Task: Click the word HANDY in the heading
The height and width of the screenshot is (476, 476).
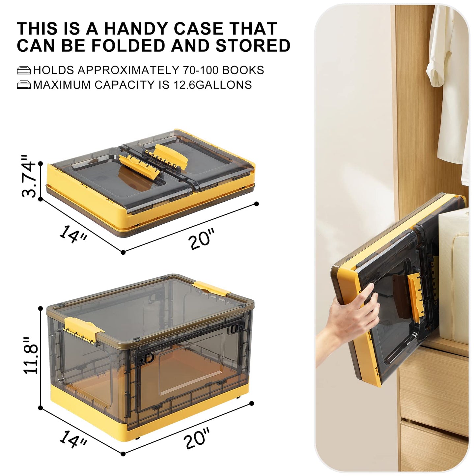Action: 136,28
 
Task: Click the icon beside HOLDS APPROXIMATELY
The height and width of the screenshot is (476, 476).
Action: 24,70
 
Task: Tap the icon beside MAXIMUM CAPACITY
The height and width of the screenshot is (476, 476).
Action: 24,85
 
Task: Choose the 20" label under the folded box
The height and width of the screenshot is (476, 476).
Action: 202,238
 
